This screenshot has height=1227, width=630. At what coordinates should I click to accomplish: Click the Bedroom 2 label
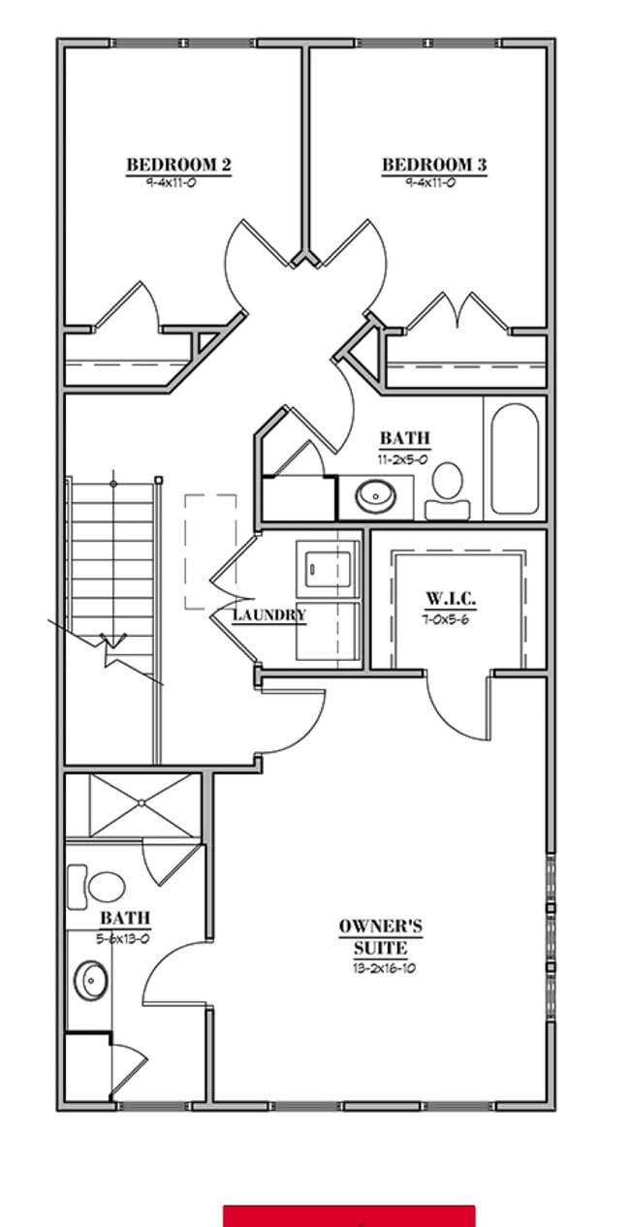[178, 165]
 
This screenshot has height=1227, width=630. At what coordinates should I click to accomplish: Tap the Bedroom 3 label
[434, 165]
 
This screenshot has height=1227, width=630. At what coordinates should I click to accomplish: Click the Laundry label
[269, 614]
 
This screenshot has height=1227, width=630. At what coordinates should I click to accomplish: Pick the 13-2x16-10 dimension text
[385, 968]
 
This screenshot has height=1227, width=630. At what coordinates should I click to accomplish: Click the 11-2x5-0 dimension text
[404, 458]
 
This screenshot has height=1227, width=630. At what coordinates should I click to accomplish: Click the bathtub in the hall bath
[514, 458]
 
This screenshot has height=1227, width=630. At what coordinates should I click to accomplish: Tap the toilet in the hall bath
[447, 489]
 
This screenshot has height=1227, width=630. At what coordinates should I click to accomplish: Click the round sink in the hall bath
[375, 496]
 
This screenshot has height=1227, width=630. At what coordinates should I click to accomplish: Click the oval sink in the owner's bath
[92, 981]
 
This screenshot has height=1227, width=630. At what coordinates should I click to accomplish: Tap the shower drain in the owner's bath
[141, 803]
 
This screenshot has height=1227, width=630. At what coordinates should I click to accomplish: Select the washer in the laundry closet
[328, 566]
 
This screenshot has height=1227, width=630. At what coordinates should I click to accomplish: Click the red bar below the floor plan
[349, 1215]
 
